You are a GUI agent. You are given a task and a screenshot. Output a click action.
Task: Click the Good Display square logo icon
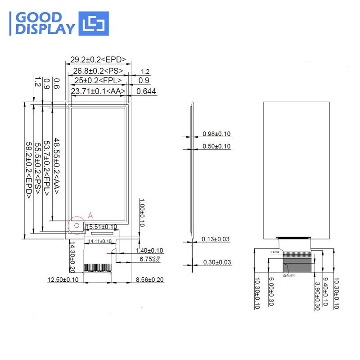pyautogui.click(x=94, y=23)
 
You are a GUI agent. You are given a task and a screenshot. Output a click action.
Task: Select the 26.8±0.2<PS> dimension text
pyautogui.click(x=98, y=71)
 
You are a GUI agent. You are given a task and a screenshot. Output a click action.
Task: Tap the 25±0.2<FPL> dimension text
pyautogui.click(x=98, y=81)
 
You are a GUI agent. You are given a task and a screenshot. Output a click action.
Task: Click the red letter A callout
pyautogui.click(x=90, y=216)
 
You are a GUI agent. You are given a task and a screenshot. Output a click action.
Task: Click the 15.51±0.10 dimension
pyautogui.click(x=101, y=227)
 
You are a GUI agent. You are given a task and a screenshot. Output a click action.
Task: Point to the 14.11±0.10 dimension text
pyautogui.click(x=99, y=242)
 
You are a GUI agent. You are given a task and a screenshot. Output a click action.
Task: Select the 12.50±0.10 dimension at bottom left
pyautogui.click(x=63, y=280)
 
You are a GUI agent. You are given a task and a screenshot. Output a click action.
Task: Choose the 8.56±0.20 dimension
pyautogui.click(x=150, y=280)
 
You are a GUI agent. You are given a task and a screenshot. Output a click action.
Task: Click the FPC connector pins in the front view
pyautogui.click(x=98, y=267)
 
